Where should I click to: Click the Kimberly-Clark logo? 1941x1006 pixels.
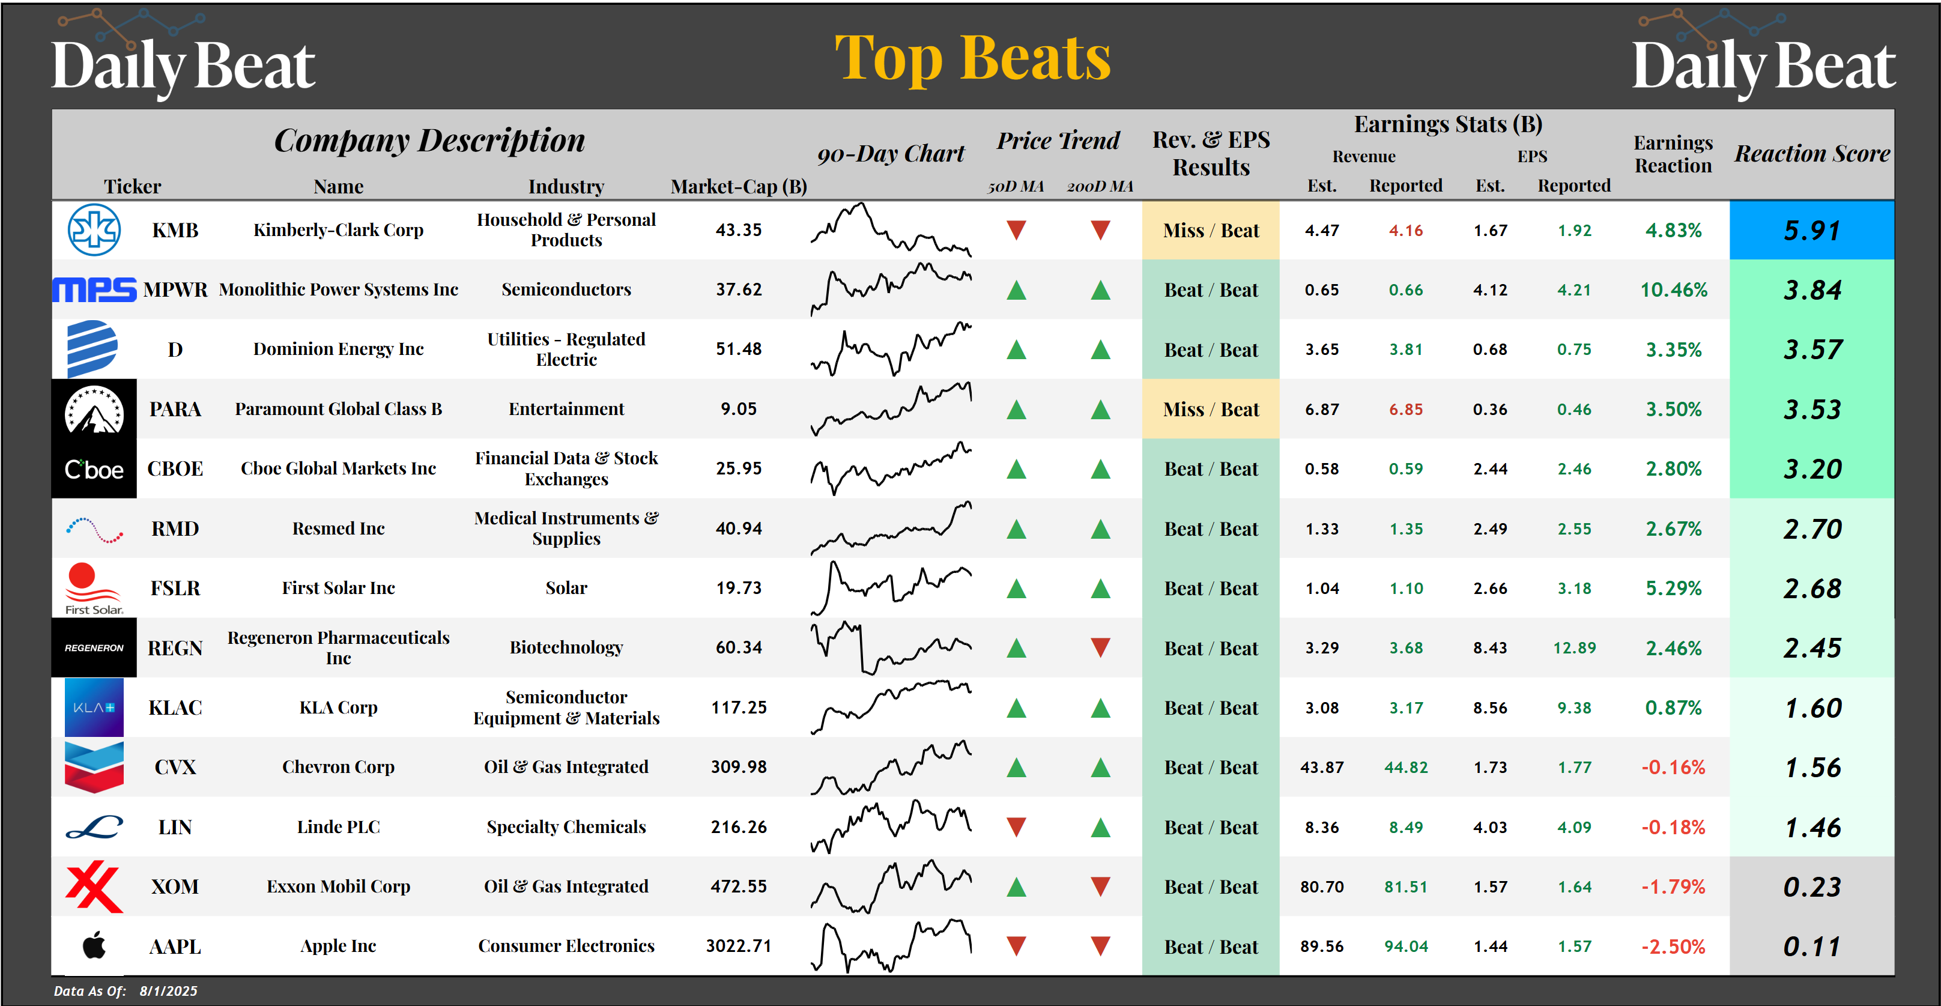(94, 230)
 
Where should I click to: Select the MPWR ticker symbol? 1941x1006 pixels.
(175, 290)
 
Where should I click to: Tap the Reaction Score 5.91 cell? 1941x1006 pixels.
(1811, 230)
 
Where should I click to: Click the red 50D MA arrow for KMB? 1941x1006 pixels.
(1017, 230)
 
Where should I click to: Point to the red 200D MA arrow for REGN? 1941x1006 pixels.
(1100, 647)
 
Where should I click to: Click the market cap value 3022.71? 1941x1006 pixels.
(739, 946)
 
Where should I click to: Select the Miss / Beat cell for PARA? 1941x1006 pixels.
(1210, 409)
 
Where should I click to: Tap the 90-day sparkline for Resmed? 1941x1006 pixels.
(891, 529)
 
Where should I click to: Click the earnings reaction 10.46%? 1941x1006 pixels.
(1674, 290)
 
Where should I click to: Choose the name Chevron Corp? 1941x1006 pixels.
(338, 767)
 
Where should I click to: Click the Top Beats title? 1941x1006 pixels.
(972, 59)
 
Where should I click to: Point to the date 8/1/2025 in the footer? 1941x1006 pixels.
(168, 991)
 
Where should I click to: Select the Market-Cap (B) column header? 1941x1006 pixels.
(739, 186)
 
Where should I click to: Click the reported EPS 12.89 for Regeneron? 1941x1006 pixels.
(1574, 648)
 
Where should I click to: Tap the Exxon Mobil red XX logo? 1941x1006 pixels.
(94, 886)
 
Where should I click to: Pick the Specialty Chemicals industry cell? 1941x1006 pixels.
(566, 826)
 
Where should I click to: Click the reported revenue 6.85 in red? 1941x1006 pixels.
(1405, 409)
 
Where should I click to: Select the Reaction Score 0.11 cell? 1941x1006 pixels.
(1811, 946)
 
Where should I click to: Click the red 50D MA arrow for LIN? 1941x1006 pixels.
(1017, 826)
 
